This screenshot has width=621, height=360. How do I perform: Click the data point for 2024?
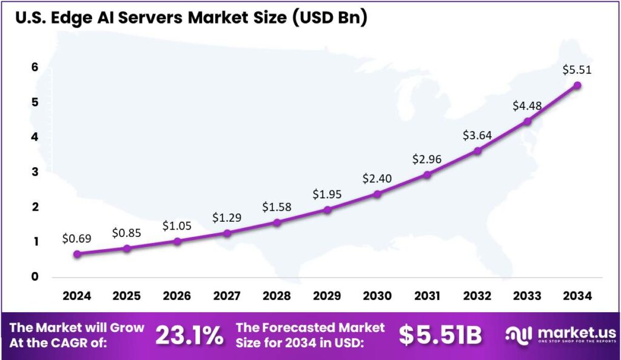[x=77, y=254]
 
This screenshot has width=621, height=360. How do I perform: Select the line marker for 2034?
[x=577, y=85]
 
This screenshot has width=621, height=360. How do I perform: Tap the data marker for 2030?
[x=377, y=194]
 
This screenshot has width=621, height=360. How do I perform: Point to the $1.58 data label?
[x=277, y=207]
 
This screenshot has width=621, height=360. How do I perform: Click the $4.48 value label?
[x=526, y=105]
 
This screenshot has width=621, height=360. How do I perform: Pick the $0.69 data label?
[x=76, y=239]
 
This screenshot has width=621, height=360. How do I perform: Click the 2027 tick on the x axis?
[x=227, y=296]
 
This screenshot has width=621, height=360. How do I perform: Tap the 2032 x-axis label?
[x=477, y=296]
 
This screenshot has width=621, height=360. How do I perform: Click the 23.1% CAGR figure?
[x=189, y=336]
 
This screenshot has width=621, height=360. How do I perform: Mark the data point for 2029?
[x=327, y=210]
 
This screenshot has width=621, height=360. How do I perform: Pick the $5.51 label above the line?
[x=577, y=70]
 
